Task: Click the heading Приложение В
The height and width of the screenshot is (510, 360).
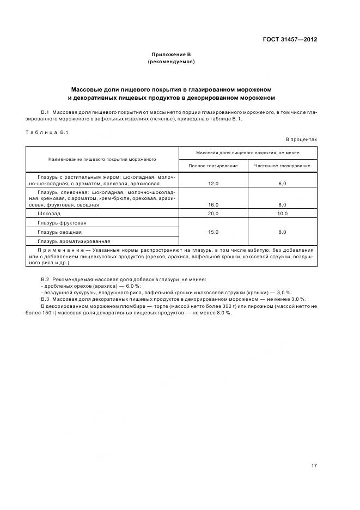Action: coord(171,54)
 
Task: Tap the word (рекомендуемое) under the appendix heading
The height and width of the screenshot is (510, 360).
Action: coord(171,62)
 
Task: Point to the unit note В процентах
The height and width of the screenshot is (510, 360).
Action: coord(301,139)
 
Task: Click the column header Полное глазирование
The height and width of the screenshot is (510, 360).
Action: coord(213,166)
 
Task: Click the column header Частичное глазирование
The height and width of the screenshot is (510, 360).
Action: coord(282,166)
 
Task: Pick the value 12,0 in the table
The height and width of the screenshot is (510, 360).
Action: coord(213,184)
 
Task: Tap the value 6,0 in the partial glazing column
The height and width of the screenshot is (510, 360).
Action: coord(282,184)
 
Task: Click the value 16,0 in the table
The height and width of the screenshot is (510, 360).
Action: coord(213,205)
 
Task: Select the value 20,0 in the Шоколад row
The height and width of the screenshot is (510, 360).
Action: coord(213,214)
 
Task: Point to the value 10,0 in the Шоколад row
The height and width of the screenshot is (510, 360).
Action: coord(282,214)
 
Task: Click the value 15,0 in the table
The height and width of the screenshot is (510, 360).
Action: coord(213,232)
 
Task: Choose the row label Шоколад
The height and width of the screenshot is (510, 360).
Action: coord(50,214)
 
